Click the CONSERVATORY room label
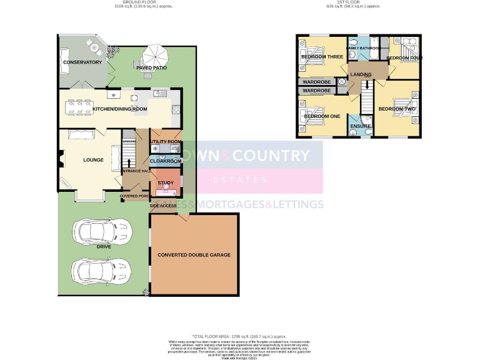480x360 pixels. (x=82, y=62)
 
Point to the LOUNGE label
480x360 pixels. (x=93, y=160)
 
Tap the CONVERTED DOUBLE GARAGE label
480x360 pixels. (x=194, y=255)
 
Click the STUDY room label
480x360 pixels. (x=165, y=183)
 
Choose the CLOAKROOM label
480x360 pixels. (x=166, y=161)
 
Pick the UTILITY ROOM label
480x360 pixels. (x=166, y=142)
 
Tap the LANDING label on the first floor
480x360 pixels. (x=361, y=75)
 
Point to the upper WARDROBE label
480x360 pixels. (x=316, y=82)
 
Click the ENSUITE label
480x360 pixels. (x=361, y=127)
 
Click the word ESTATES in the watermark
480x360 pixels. (x=239, y=181)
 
